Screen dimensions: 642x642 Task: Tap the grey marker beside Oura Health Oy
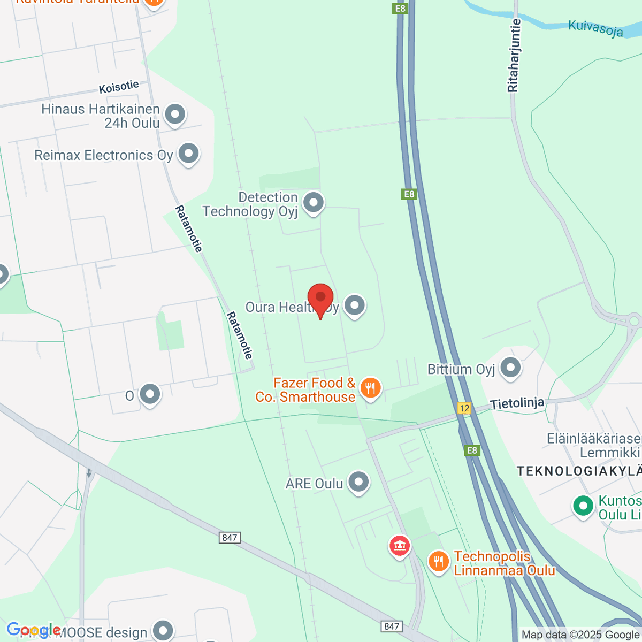[354, 306]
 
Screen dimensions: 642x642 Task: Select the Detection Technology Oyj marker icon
[313, 203]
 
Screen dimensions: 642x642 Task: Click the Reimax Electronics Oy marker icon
[188, 154]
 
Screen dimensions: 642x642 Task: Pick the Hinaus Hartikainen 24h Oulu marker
[175, 114]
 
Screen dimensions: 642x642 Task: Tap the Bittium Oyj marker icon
[510, 368]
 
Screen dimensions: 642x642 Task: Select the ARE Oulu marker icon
[358, 482]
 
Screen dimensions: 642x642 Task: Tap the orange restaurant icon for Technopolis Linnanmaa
[439, 561]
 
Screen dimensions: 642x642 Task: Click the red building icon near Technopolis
[399, 546]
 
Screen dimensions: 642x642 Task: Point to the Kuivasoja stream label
[595, 28]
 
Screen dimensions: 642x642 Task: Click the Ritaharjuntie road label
[514, 56]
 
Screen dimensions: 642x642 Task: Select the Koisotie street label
[119, 87]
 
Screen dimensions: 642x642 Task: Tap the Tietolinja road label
[517, 403]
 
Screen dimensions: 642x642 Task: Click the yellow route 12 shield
[464, 408]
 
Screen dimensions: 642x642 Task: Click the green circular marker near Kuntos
[583, 506]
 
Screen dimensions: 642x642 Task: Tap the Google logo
[33, 630]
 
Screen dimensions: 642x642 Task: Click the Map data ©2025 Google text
[580, 635]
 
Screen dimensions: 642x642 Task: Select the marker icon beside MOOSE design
[163, 631]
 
